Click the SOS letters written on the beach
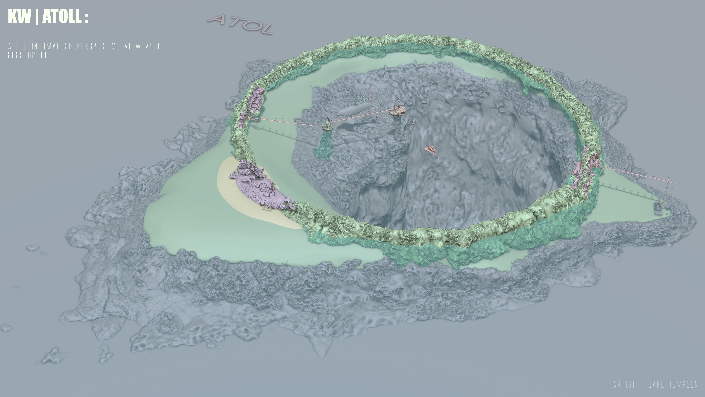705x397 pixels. (x=264, y=189)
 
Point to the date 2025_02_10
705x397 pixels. (x=27, y=55)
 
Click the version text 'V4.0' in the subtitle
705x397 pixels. (x=152, y=46)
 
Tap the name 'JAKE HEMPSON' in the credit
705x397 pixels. (x=673, y=385)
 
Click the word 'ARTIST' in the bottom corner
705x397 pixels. (x=624, y=385)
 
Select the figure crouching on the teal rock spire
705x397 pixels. (x=328, y=120)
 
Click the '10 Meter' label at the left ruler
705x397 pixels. (x=255, y=120)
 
